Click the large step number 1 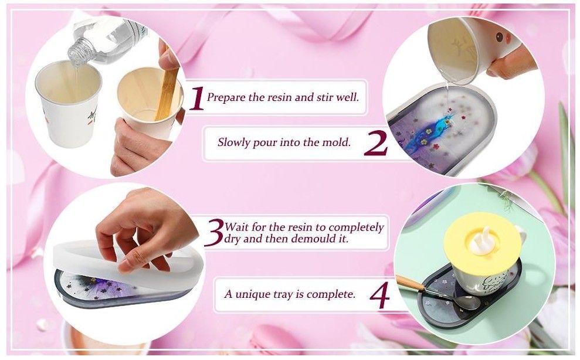[197, 99]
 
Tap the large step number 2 [376, 143]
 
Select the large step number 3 [214, 232]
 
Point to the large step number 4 [380, 296]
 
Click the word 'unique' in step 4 [253, 295]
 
